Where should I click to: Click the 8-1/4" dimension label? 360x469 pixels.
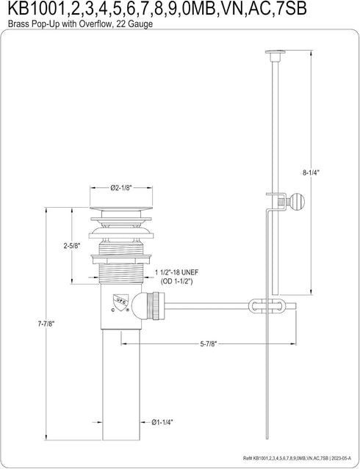(x=312, y=172)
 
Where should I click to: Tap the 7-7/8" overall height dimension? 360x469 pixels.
(x=46, y=323)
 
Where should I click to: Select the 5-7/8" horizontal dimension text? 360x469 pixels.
(x=208, y=344)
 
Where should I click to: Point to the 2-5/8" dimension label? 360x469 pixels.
(x=71, y=246)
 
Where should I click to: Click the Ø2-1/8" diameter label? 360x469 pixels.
(x=121, y=188)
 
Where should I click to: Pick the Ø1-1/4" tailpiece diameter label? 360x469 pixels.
(x=162, y=422)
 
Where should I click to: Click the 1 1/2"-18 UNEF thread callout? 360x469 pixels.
(x=176, y=273)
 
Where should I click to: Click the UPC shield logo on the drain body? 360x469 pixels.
(x=120, y=300)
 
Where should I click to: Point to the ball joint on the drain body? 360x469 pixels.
(x=138, y=306)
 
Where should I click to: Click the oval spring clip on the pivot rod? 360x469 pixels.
(x=266, y=306)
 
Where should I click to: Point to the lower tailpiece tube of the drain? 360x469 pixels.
(x=121, y=385)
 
